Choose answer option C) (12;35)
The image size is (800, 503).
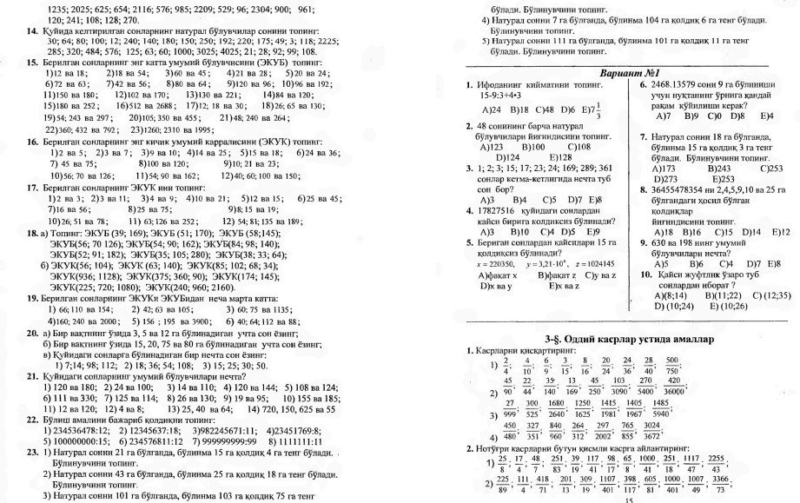[x=771, y=295]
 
